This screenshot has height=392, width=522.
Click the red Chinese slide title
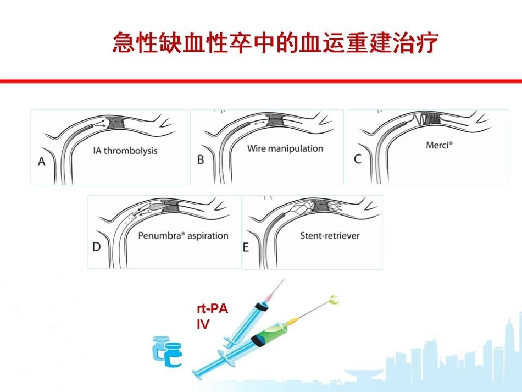(275, 43)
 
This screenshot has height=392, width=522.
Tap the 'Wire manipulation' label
(285, 148)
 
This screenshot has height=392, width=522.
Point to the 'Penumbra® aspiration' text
(183, 236)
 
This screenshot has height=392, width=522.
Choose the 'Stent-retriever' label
(330, 236)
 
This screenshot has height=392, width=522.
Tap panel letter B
(201, 159)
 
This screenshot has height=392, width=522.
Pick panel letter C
(358, 159)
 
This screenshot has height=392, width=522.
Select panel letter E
(246, 247)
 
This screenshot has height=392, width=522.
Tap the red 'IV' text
(203, 324)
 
